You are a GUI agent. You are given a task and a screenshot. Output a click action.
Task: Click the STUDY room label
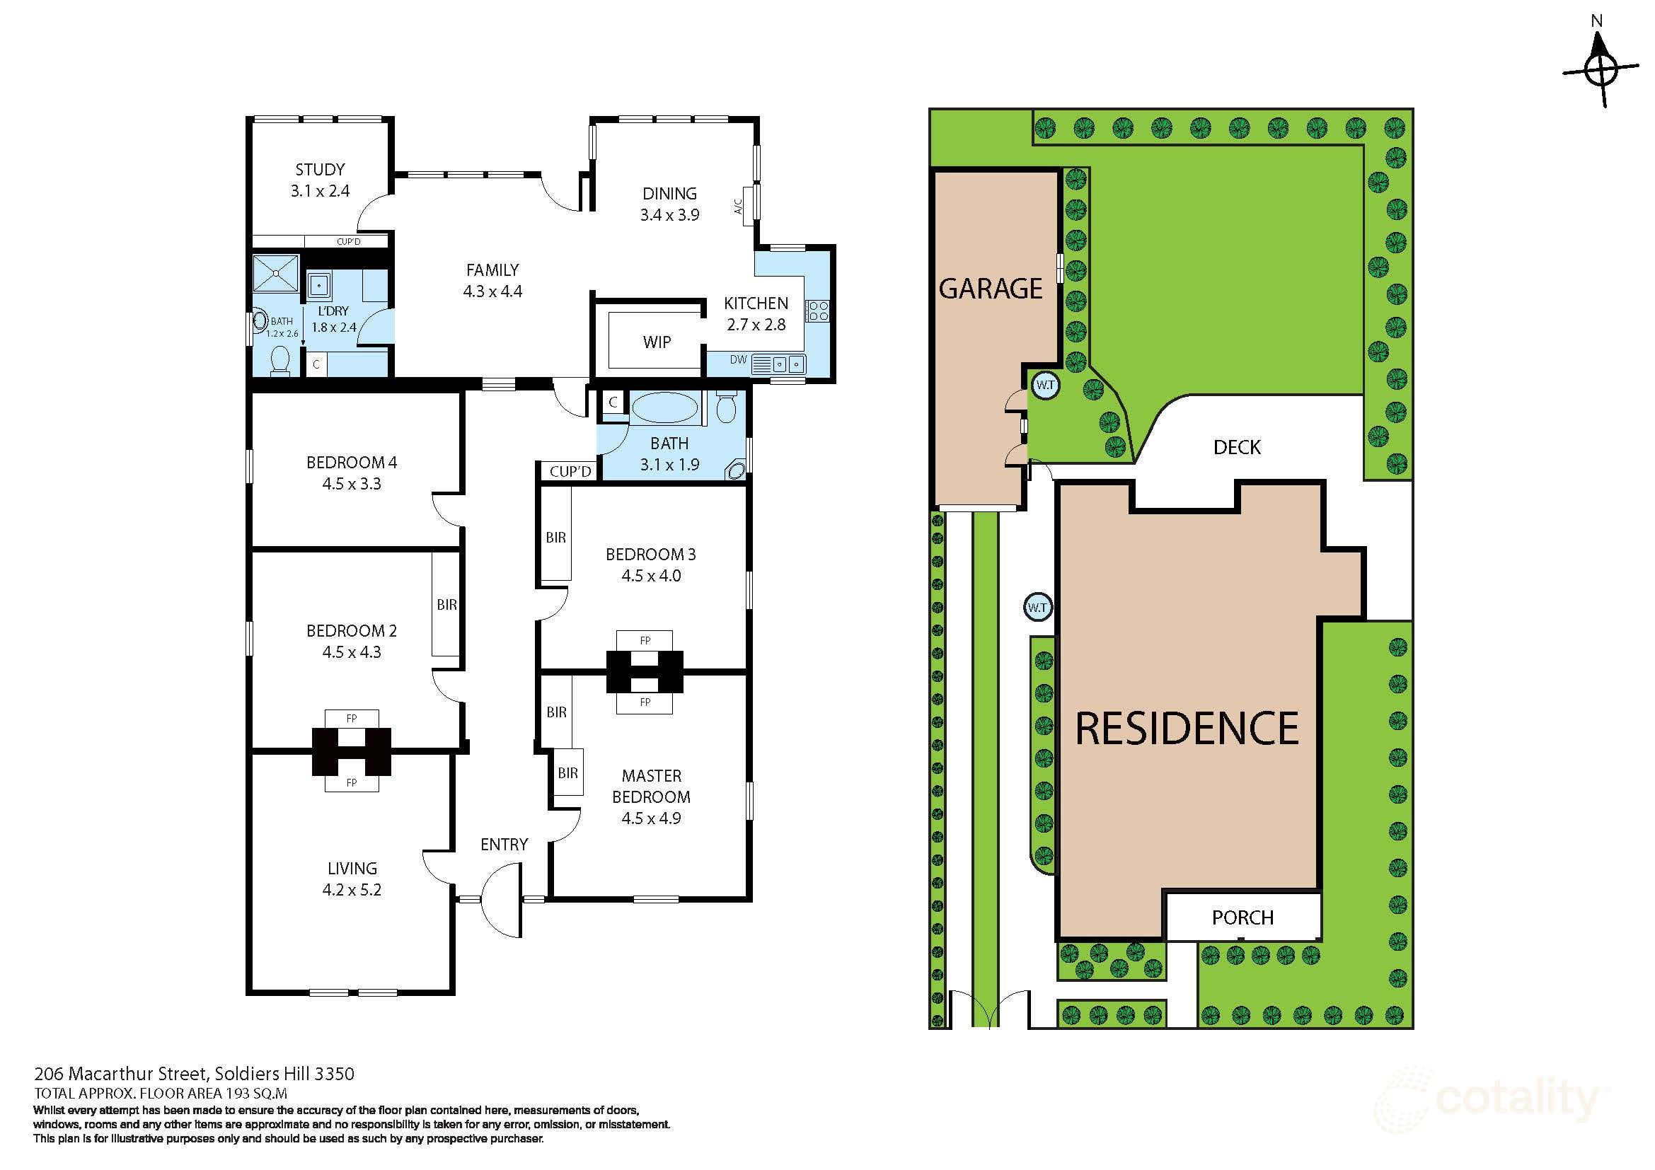click(319, 170)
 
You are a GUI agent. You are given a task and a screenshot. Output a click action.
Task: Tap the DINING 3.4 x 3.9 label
click(669, 204)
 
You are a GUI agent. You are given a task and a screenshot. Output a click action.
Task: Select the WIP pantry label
click(656, 342)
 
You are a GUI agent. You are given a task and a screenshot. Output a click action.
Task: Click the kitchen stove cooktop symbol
click(817, 311)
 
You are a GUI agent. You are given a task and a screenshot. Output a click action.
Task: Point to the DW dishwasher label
click(737, 359)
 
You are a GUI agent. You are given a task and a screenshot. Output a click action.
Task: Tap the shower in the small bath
click(275, 273)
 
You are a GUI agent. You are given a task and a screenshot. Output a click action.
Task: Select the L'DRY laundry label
click(333, 311)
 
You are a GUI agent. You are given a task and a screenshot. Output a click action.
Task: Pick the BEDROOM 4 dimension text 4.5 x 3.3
click(351, 484)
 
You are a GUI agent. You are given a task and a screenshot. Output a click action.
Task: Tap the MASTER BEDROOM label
click(651, 786)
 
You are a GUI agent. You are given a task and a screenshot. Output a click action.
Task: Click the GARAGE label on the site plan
click(991, 289)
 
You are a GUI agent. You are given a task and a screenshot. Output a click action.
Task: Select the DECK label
click(1236, 447)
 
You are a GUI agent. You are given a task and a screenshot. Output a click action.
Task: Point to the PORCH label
click(1242, 917)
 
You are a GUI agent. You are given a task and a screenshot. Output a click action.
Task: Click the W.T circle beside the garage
click(1044, 385)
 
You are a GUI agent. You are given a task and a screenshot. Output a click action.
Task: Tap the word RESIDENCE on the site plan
click(1187, 729)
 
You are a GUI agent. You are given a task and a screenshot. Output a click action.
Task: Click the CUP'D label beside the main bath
click(570, 472)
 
